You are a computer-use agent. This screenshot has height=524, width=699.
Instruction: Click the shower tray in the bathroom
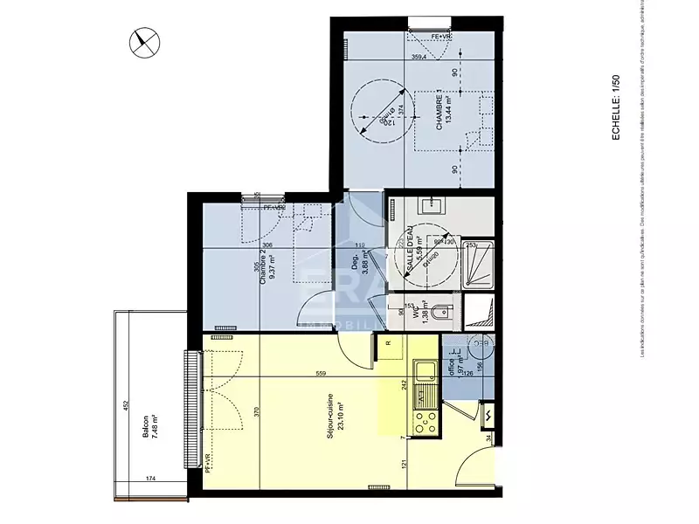(x=477, y=264)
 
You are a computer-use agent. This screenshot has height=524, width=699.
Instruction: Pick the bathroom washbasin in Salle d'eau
(x=431, y=207)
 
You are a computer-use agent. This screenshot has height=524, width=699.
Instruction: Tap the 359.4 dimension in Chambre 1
(x=419, y=59)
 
